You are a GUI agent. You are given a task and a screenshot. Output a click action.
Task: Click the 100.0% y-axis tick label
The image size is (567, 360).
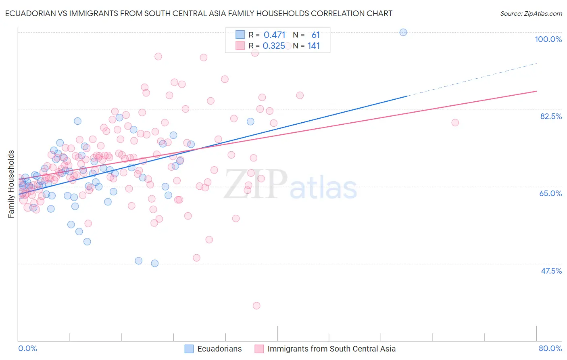tap(548, 39)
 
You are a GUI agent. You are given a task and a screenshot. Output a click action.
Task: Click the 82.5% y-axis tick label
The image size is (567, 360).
tap(551, 116)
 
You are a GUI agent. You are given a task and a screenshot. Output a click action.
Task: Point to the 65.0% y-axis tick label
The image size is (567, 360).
tap(550, 193)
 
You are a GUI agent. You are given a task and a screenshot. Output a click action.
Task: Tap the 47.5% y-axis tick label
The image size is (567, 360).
tap(551, 271)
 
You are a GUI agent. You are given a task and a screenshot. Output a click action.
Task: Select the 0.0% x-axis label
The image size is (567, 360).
tap(27, 348)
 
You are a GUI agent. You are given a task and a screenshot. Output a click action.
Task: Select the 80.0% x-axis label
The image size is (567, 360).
tap(550, 348)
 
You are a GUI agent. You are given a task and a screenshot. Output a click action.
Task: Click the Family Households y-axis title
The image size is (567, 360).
tap(11, 184)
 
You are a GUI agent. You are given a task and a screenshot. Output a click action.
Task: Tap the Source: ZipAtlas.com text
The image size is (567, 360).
tap(531, 13)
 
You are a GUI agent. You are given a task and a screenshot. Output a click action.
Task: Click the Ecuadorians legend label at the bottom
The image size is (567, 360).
tap(219, 349)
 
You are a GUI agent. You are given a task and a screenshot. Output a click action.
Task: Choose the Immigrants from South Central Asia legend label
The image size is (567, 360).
tap(331, 349)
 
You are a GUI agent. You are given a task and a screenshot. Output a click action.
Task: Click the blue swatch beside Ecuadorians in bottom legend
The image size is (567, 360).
tap(189, 349)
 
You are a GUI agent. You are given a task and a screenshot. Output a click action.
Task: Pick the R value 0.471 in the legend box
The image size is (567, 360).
tap(274, 35)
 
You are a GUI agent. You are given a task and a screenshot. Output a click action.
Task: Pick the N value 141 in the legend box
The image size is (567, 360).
tap(314, 46)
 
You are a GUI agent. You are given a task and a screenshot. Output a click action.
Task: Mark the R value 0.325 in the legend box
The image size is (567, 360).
tap(274, 46)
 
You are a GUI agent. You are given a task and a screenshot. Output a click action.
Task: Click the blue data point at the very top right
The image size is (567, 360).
tap(403, 32)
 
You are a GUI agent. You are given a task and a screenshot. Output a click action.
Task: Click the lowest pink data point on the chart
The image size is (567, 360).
tap(256, 306)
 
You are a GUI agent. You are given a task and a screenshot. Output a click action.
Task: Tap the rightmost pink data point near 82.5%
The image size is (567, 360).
tap(455, 123)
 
